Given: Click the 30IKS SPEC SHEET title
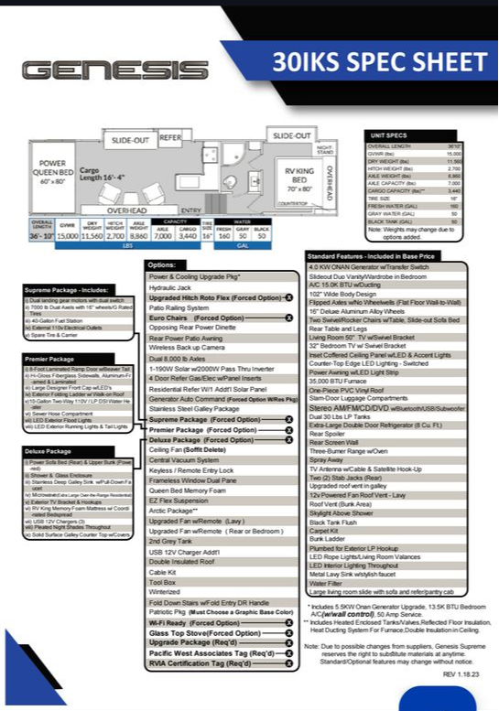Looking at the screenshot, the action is (379, 62).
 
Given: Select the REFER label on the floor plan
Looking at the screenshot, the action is (171, 137).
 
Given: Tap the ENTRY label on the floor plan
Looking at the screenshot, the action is (191, 210).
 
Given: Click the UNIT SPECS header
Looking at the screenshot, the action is (388, 135).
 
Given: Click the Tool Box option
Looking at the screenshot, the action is (162, 581).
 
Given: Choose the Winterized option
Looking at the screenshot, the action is (164, 592).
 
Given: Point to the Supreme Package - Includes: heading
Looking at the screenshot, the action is (69, 289).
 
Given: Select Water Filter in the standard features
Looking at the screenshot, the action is (330, 583).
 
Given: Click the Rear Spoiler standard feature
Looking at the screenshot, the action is (331, 434).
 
